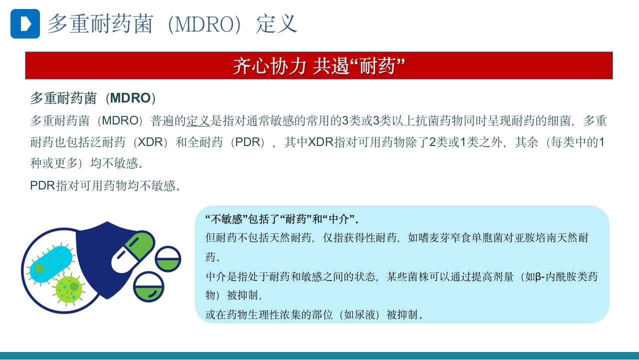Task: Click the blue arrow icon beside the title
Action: tap(25, 23)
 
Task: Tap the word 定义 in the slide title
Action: tap(277, 24)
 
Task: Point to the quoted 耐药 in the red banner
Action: tap(380, 66)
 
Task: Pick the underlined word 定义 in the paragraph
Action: tap(199, 120)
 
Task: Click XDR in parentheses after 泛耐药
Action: tap(150, 142)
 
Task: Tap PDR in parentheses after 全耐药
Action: tap(248, 142)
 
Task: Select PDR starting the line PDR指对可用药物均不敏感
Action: tap(42, 185)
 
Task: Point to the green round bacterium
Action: tap(69, 288)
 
